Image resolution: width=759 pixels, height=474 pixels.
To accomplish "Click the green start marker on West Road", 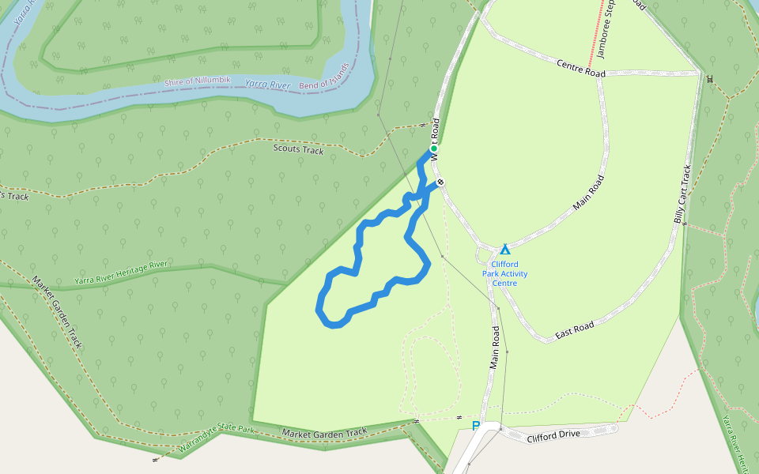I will (x=433, y=149).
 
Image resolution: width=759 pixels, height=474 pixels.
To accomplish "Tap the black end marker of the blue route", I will (x=440, y=182).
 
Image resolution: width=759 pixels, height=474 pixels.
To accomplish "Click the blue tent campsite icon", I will (x=505, y=250).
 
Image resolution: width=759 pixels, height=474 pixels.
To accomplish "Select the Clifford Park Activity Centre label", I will (x=505, y=273).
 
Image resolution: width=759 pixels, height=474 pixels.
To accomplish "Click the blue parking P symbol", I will (x=475, y=427).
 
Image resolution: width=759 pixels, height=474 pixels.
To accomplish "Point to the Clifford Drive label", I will (x=553, y=435).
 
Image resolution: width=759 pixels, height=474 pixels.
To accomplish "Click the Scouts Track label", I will (x=298, y=149).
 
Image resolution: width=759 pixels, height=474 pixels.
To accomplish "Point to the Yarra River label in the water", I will (x=267, y=84).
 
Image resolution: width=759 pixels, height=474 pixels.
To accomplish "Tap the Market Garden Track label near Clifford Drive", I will (x=324, y=432).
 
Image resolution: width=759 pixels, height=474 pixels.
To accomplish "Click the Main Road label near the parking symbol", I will (x=495, y=348).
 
